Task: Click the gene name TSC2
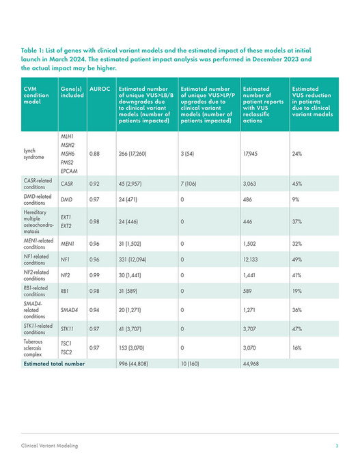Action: coord(66,353)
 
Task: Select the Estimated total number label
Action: coord(54,364)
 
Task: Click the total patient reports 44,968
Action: coord(254,364)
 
